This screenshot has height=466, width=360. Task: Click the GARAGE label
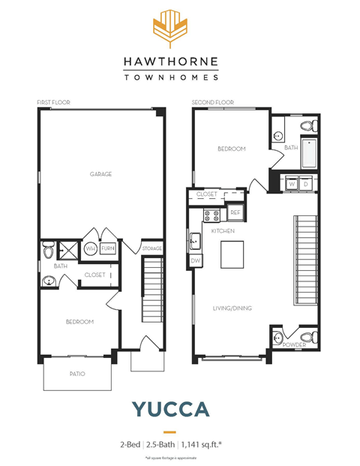tap(101, 174)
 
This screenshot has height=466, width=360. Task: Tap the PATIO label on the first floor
tap(77, 373)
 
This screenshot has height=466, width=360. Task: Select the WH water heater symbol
tap(91, 248)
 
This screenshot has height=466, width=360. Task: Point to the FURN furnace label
tap(109, 248)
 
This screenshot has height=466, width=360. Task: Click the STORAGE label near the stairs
tap(152, 248)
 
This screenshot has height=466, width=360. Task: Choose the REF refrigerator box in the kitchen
tap(235, 213)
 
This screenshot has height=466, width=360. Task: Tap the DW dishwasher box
tap(196, 260)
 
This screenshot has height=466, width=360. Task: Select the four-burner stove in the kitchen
tap(212, 215)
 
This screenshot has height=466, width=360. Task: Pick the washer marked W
tap(292, 183)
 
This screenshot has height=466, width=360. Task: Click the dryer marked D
tap(306, 183)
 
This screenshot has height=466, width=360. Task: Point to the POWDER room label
tap(294, 345)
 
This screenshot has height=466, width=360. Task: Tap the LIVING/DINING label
tap(232, 308)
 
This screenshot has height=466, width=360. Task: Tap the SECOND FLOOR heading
tap(213, 102)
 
